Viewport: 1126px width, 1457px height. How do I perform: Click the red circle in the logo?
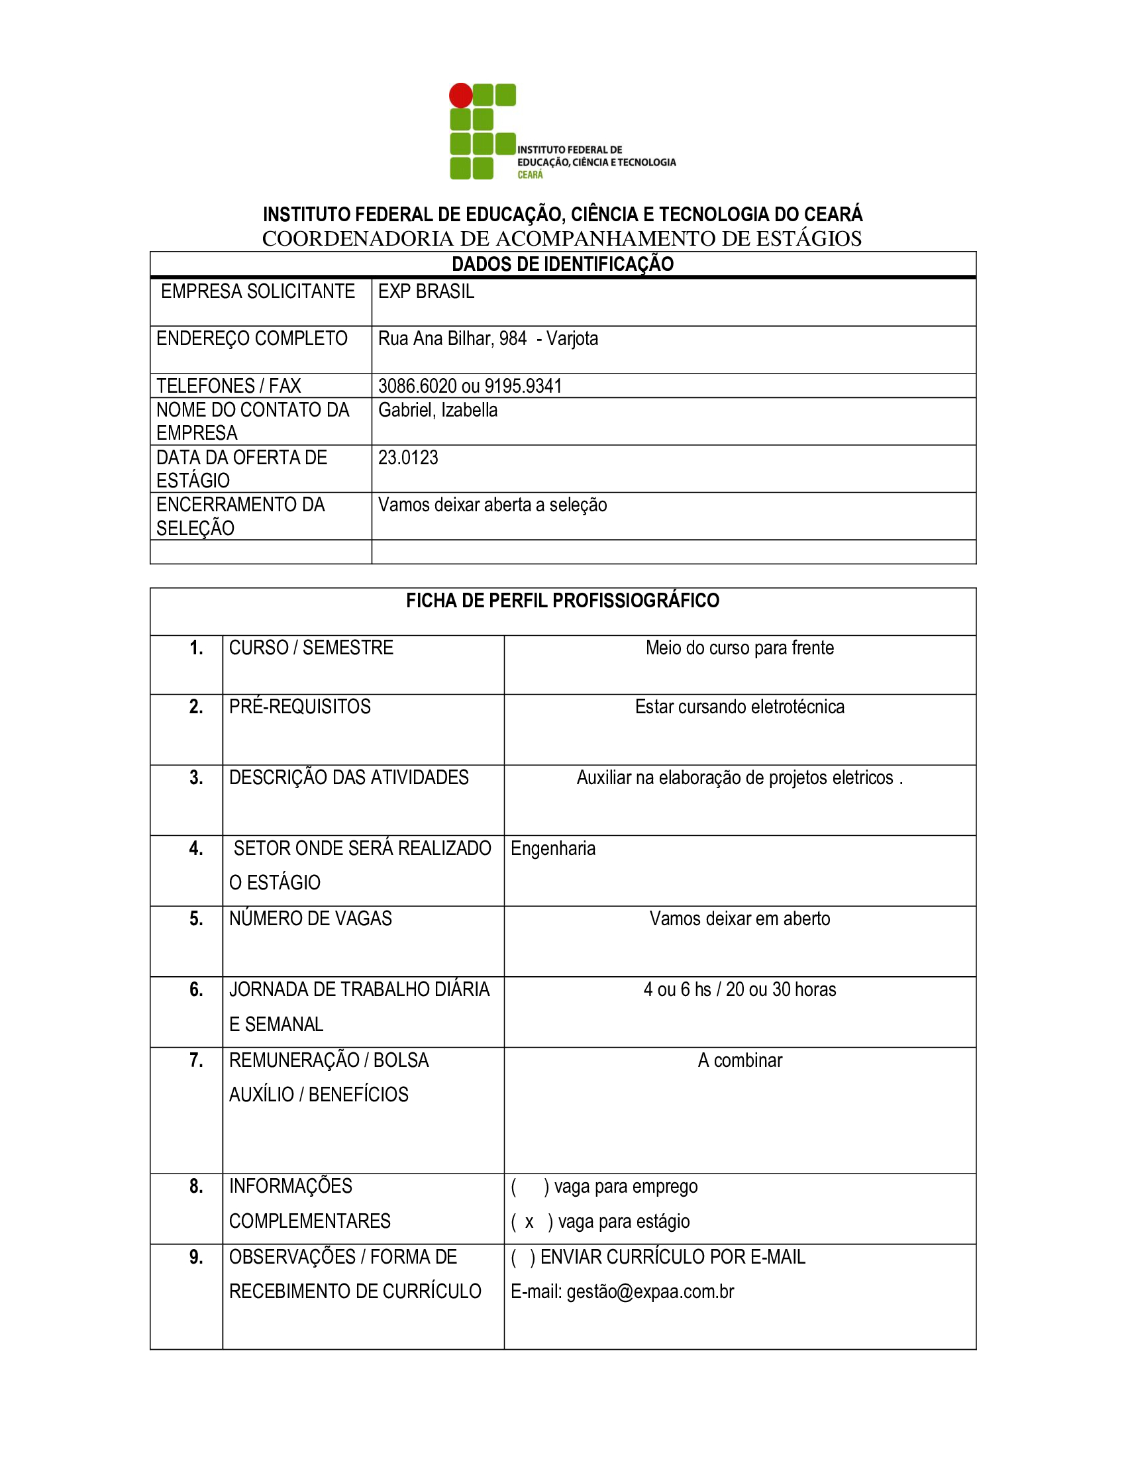[460, 95]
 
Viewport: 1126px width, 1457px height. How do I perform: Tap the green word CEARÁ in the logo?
[531, 175]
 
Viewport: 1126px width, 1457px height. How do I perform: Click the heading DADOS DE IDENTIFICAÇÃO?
[562, 264]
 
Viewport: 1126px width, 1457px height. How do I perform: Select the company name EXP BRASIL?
[427, 291]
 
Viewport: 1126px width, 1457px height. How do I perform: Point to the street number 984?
[512, 339]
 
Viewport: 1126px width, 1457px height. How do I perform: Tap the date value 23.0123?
[408, 458]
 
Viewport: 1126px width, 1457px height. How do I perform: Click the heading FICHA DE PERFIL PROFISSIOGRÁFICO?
[562, 601]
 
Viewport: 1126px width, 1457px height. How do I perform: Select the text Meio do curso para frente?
[739, 648]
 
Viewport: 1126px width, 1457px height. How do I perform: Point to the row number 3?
[196, 778]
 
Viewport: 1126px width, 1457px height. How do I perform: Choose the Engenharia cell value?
[553, 848]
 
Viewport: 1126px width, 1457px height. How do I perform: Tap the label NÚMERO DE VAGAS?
[310, 919]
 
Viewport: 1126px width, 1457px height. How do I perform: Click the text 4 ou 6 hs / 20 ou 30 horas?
[739, 989]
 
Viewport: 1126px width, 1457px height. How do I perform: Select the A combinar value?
[739, 1060]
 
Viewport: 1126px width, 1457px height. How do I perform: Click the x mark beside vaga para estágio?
[529, 1221]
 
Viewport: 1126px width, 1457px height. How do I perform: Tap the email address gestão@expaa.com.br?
[650, 1291]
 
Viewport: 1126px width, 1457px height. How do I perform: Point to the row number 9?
[196, 1257]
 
